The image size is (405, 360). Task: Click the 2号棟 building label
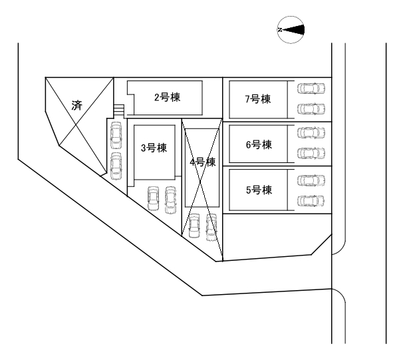pos(168,97)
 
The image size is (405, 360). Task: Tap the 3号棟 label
pos(154,148)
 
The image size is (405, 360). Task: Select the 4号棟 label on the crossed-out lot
pos(203,162)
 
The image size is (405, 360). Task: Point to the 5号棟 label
pos(259,190)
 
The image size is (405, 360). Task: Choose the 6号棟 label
pos(259,144)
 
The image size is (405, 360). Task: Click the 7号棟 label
pos(258,98)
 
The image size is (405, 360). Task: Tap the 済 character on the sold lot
pos(76,105)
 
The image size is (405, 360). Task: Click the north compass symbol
pos(291,30)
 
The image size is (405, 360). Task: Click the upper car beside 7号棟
pos(311,88)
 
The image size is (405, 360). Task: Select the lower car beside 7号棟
pos(311,109)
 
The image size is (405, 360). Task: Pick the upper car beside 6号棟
pos(311,132)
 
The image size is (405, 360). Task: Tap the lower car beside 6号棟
pos(311,153)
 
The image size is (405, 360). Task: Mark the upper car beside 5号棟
pos(311,180)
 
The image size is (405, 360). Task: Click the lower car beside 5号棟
pos(311,201)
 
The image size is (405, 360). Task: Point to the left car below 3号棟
pos(153,198)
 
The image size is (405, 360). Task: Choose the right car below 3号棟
pos(170,200)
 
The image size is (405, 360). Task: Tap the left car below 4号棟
pos(194,226)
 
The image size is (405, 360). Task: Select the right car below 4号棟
pos(211,228)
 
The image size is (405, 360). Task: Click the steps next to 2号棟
pos(119,110)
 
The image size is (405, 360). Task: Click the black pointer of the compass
pos(294,30)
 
